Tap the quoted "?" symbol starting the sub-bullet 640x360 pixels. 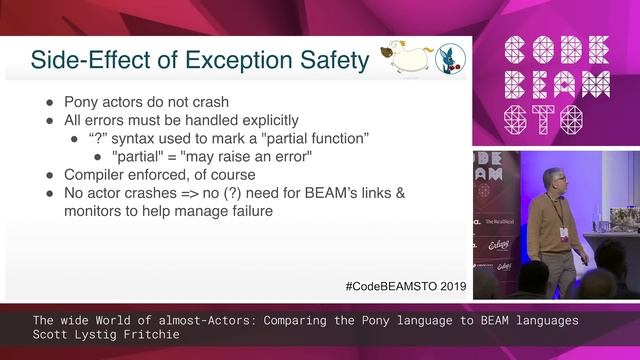point(96,137)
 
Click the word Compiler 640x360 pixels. point(97,174)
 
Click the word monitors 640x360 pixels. point(96,211)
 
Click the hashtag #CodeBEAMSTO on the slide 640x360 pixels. point(381,286)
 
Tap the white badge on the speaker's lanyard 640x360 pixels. point(564,234)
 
